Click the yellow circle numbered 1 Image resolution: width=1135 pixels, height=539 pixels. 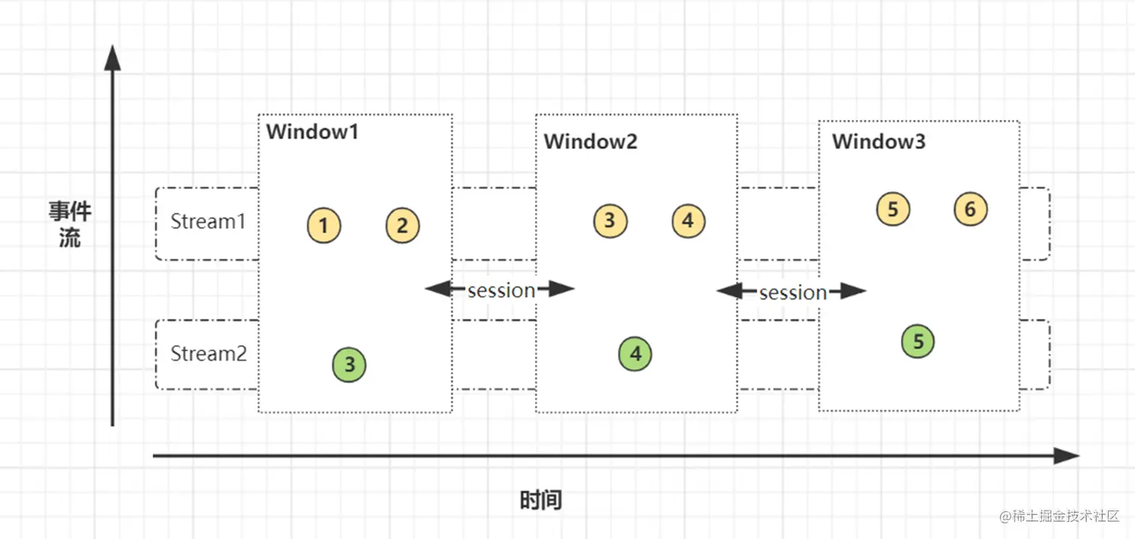(x=324, y=225)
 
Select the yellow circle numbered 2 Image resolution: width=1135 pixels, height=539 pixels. (x=402, y=225)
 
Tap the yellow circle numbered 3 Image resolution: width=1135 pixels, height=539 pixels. (x=610, y=221)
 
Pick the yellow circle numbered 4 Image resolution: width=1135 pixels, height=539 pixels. (x=688, y=221)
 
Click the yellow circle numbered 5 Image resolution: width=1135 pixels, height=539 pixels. (x=893, y=209)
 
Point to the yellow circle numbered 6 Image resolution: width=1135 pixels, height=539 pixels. (x=971, y=209)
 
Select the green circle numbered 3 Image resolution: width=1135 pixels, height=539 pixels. (x=349, y=364)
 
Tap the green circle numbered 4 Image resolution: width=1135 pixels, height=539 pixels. (x=635, y=354)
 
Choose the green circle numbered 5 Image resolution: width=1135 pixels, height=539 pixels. (x=917, y=341)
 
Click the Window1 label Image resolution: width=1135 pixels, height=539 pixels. (x=312, y=131)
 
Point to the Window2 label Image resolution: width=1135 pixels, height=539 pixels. (x=590, y=141)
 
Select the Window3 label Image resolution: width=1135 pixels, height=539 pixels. (x=878, y=141)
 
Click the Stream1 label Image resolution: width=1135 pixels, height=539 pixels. (x=208, y=221)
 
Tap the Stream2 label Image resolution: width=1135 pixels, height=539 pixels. (x=209, y=354)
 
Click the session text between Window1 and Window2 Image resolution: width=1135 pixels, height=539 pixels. (x=501, y=291)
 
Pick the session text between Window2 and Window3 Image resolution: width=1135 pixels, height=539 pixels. (x=793, y=293)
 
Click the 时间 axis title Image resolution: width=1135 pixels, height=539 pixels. (x=540, y=500)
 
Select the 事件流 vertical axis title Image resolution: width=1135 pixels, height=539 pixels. (x=70, y=224)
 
